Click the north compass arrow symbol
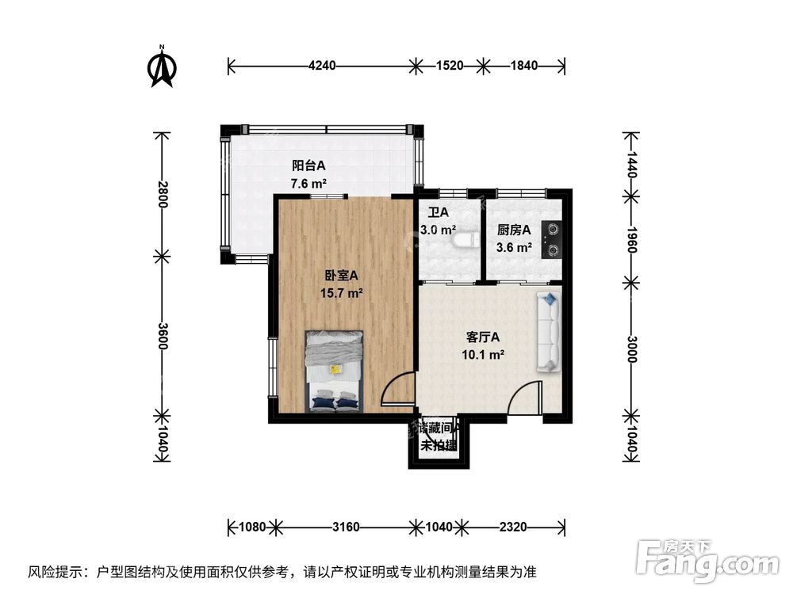click(162, 67)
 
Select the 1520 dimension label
click(449, 66)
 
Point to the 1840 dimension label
click(524, 66)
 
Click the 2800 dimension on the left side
click(163, 195)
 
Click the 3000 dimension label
click(631, 348)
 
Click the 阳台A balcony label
click(309, 166)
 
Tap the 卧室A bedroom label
click(342, 276)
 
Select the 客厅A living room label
click(484, 337)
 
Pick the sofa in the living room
click(548, 331)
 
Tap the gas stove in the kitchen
click(552, 239)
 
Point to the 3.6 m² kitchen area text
click(513, 247)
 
